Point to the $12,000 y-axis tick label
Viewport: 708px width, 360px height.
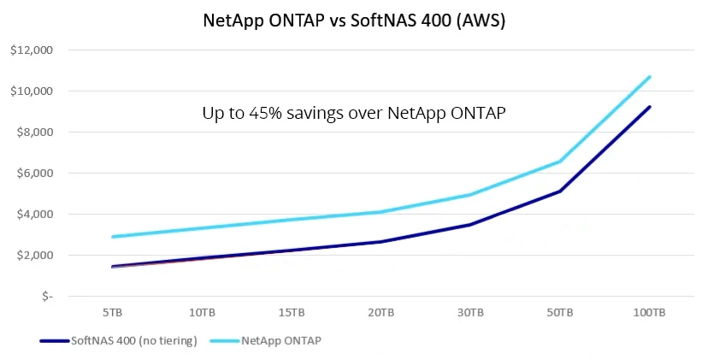(32, 50)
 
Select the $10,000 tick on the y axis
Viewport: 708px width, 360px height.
(32, 91)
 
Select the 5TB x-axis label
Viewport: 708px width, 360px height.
(111, 313)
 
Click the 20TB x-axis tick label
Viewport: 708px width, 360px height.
(380, 313)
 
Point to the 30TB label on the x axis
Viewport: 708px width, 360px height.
(469, 313)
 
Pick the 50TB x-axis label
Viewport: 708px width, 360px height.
(559, 313)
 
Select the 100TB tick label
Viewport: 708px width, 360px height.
(649, 313)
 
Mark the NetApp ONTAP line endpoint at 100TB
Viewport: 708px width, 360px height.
(650, 77)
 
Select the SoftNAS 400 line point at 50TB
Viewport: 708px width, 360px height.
(559, 191)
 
